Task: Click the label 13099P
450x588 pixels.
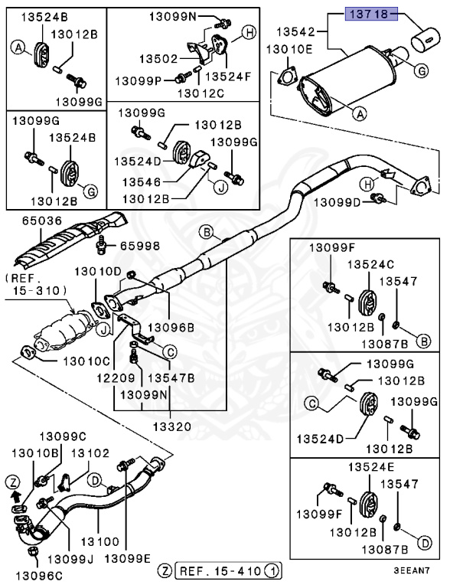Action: coord(138,80)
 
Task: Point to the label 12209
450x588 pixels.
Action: coord(115,377)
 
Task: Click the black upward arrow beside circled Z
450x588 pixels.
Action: coord(14,495)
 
